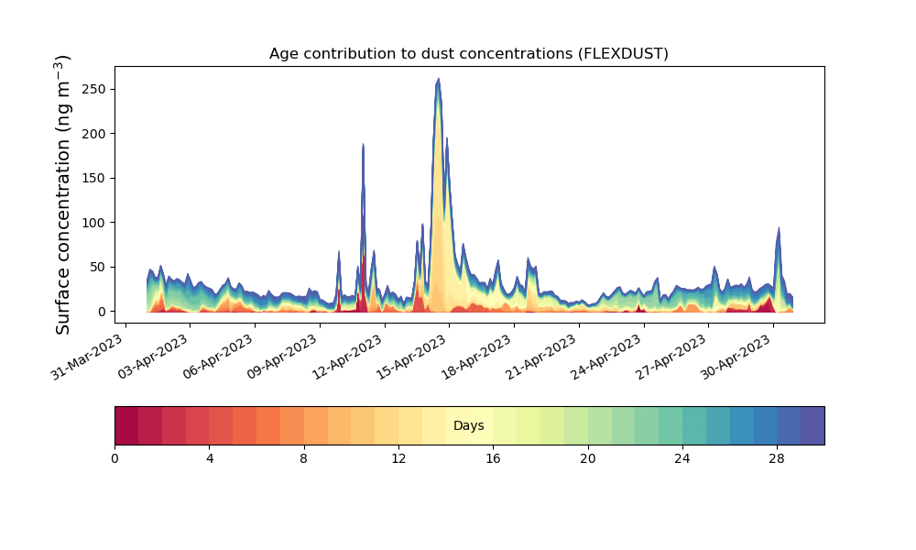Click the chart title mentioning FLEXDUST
[x=468, y=54]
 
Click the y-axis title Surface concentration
[x=62, y=194]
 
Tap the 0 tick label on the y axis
[x=103, y=312]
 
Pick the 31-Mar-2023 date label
[x=86, y=357]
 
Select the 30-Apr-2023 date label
[x=736, y=357]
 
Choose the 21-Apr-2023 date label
[x=541, y=357]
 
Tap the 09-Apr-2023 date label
[x=281, y=357]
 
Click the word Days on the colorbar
[x=468, y=425]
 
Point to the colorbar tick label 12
[x=398, y=459]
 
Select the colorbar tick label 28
[x=777, y=459]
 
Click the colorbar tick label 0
[x=114, y=459]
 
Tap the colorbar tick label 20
[x=588, y=459]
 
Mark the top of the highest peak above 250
[x=438, y=78]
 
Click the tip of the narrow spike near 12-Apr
[x=363, y=144]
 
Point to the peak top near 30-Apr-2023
[x=778, y=228]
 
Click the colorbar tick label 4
[x=209, y=459]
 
